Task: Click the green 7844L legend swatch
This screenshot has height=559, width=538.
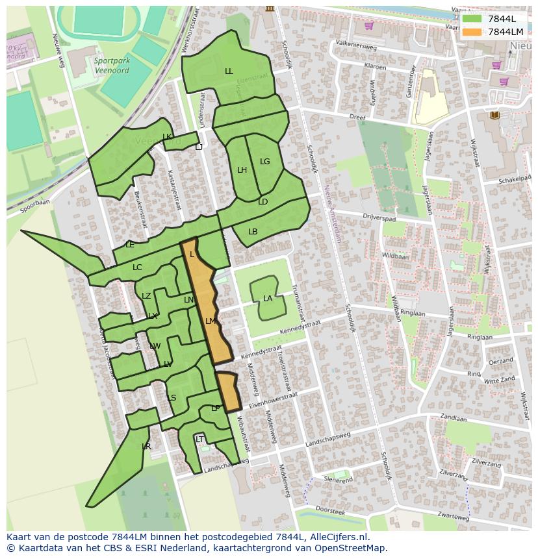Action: (472, 19)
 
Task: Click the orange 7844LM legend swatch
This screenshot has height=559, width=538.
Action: (472, 32)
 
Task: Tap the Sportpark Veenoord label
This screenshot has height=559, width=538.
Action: (112, 66)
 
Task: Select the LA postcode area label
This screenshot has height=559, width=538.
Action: (268, 299)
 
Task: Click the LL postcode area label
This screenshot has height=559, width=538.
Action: (229, 71)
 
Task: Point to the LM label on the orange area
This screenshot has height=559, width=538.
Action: (210, 321)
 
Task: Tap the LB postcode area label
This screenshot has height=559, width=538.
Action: (253, 232)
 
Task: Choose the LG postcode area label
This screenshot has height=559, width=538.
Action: (264, 162)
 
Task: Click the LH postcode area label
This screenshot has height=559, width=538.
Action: (242, 170)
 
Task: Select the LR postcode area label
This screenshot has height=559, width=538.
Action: (146, 447)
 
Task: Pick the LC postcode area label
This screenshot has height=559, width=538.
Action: (137, 267)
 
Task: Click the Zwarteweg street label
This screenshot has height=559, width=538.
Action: (454, 517)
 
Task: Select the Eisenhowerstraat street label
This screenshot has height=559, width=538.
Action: (274, 399)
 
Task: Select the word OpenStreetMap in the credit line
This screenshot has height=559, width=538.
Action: (353, 548)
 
